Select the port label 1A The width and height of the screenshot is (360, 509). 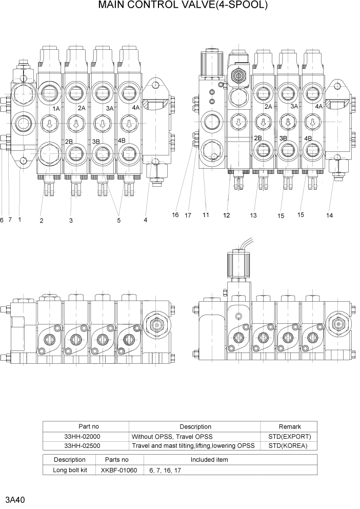[56, 109]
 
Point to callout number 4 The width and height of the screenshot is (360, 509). [146, 220]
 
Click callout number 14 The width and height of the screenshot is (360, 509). [329, 216]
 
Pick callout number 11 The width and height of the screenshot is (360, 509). [206, 215]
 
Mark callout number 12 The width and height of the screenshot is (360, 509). [227, 216]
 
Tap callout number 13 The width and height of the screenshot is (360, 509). [253, 216]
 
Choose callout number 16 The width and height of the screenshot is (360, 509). [175, 215]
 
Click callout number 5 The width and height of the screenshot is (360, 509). [119, 221]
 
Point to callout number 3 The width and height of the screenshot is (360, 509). [71, 221]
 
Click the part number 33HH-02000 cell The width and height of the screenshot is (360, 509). [86, 436]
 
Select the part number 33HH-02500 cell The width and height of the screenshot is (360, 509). [86, 445]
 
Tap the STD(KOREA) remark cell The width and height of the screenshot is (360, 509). [289, 445]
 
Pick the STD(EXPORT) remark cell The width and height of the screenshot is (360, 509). [289, 436]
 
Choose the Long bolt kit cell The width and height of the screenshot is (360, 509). [70, 469]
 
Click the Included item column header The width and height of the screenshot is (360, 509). [209, 460]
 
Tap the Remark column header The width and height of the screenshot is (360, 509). [289, 426]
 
